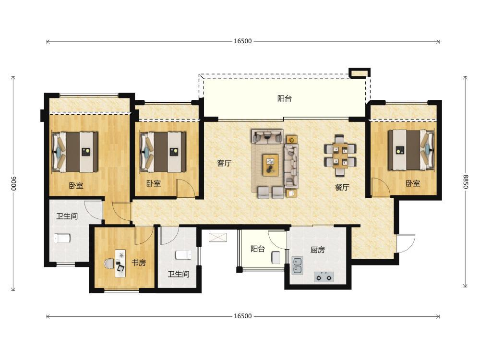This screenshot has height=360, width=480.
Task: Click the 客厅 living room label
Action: point(224,163)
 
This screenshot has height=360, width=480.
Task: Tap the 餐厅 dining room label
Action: point(342,187)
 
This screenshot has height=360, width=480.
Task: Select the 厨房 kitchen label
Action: point(317,250)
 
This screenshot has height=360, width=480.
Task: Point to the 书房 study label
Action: point(139,263)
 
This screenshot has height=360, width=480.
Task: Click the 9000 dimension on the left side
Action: point(14,183)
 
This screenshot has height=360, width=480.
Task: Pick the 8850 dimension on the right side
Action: point(466,181)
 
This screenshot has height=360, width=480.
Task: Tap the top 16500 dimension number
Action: point(243,41)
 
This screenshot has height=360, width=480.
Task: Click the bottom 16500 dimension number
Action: point(243,316)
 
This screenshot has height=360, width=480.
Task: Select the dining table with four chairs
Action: point(340,156)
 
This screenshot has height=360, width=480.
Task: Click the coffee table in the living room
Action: point(270,165)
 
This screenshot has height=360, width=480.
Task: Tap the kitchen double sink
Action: point(297,265)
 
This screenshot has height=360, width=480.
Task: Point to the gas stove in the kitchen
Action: point(324,277)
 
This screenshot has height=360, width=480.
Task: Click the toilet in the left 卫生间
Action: point(62,238)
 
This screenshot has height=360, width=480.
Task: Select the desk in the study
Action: point(120,264)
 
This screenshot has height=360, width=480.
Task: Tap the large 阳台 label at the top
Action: point(284,98)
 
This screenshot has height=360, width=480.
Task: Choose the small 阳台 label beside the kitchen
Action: point(257,249)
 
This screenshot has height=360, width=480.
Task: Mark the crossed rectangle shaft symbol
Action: point(218,237)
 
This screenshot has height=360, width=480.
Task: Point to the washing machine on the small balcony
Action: point(276,257)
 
